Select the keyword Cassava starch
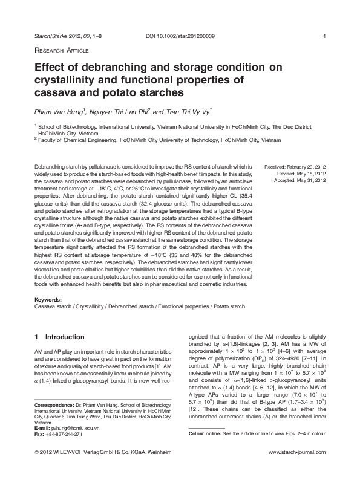[53, 306]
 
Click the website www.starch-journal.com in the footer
[297, 469]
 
